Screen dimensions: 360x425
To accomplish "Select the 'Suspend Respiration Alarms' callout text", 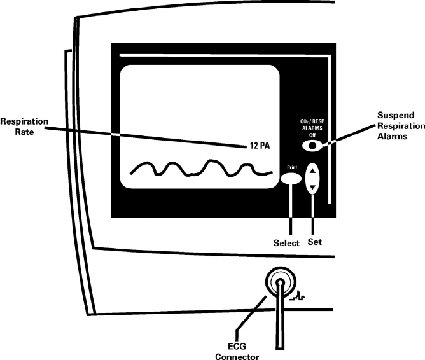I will pyautogui.click(x=400, y=126).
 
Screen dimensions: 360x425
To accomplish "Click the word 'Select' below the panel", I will pyautogui.click(x=286, y=242).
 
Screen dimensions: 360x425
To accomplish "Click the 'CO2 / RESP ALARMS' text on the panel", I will pyautogui.click(x=312, y=124).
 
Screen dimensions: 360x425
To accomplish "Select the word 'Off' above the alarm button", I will pyautogui.click(x=312, y=135).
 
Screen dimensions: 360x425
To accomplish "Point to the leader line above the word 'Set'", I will pyautogui.click(x=313, y=216).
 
